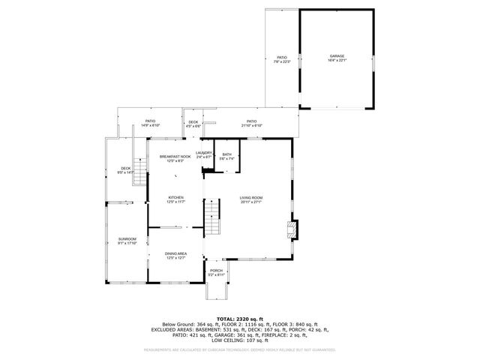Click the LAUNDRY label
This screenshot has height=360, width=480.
(204, 154)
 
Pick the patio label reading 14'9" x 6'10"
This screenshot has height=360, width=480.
(150, 123)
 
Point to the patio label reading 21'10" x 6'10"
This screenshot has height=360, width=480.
(251, 123)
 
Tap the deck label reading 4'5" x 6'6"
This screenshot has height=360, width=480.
(193, 123)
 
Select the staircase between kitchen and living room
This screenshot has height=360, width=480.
(214, 217)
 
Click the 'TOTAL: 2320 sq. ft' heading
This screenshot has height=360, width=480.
(240, 319)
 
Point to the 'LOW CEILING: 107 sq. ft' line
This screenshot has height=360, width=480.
(240, 340)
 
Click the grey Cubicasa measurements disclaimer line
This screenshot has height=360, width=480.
(240, 349)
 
